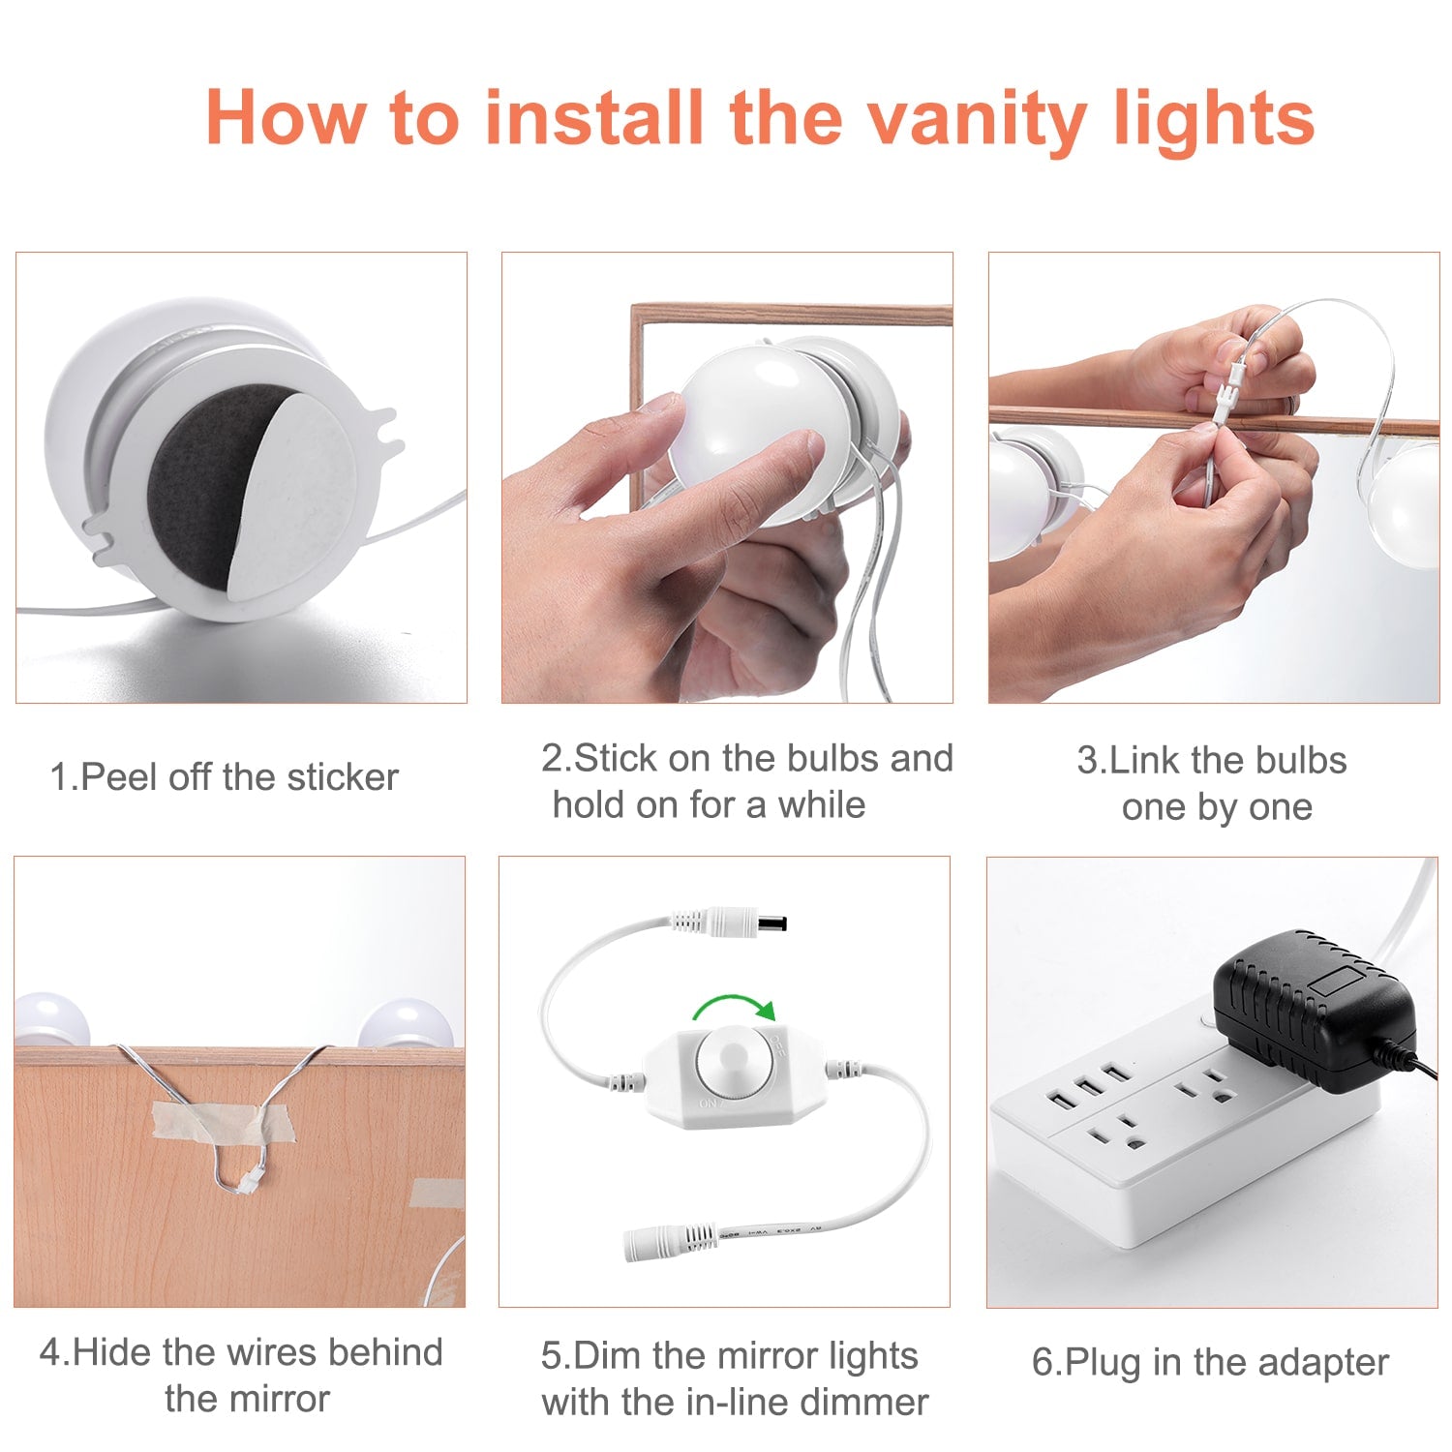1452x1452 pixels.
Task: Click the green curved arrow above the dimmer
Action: pyautogui.click(x=736, y=1007)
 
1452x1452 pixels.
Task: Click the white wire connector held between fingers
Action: pyautogui.click(x=1227, y=390)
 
